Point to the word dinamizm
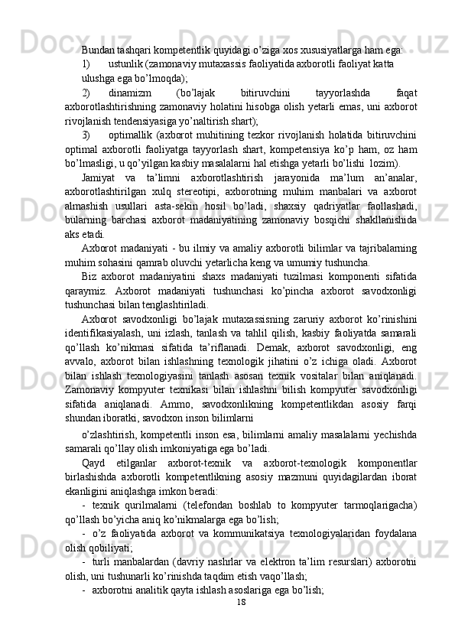pyautogui.click(x=151, y=93)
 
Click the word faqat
pyautogui.click(x=408, y=93)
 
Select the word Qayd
pyautogui.click(x=95, y=484)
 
